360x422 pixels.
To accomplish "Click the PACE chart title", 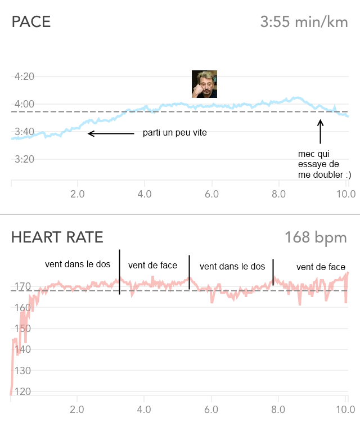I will [x=31, y=22].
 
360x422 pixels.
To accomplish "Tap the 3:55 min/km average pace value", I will [x=304, y=23].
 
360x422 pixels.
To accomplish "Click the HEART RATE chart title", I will [x=57, y=237].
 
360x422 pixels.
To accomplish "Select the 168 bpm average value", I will [x=316, y=237].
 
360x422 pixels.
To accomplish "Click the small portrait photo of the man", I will [x=205, y=84].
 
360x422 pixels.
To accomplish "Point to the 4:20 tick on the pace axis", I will [x=24, y=77].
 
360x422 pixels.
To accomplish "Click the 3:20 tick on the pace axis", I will [x=24, y=159].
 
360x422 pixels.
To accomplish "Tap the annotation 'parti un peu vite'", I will [x=171, y=134].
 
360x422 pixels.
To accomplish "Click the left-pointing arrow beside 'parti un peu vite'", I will [x=111, y=133].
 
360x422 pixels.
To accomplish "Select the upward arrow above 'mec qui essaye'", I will [x=320, y=132].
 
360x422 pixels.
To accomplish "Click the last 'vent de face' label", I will [x=321, y=267].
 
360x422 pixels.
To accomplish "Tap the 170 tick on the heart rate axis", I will [x=22, y=287].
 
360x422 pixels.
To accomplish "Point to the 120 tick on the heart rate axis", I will [x=22, y=392].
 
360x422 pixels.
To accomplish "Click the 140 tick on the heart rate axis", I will [x=22, y=349].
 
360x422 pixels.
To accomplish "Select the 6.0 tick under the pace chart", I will [x=211, y=194].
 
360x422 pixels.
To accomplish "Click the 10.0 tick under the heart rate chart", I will [x=345, y=409].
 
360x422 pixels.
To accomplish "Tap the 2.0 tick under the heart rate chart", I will [x=77, y=409].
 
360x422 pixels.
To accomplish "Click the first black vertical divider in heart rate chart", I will [x=119, y=272].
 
